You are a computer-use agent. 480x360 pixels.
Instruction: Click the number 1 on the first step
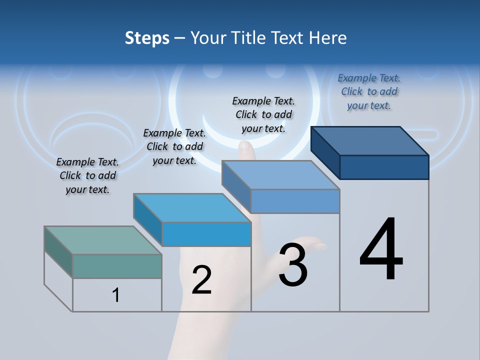(116, 295)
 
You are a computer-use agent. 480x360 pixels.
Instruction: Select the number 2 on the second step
(201, 280)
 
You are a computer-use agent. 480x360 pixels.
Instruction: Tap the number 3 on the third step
(293, 265)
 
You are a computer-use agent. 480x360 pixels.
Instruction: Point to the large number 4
(381, 250)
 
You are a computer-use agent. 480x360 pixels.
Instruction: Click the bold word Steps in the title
(147, 38)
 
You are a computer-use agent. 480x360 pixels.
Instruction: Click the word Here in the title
(327, 38)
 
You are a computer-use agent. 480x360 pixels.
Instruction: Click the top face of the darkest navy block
(370, 140)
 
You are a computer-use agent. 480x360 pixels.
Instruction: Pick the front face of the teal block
(117, 266)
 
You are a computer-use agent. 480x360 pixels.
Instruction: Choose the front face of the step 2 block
(206, 234)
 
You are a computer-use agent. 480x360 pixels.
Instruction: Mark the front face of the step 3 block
(295, 201)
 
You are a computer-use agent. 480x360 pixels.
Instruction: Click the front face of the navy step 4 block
(384, 167)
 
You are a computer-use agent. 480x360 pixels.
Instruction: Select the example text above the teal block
(87, 175)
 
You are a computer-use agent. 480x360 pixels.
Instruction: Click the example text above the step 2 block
(174, 146)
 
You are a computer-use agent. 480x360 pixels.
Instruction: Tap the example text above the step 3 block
(263, 114)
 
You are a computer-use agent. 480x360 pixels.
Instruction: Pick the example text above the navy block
(369, 91)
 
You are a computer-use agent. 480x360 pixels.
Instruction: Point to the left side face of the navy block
(325, 152)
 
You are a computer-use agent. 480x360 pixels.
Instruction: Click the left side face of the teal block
(58, 252)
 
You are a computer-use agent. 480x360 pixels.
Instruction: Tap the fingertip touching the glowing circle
(245, 146)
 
